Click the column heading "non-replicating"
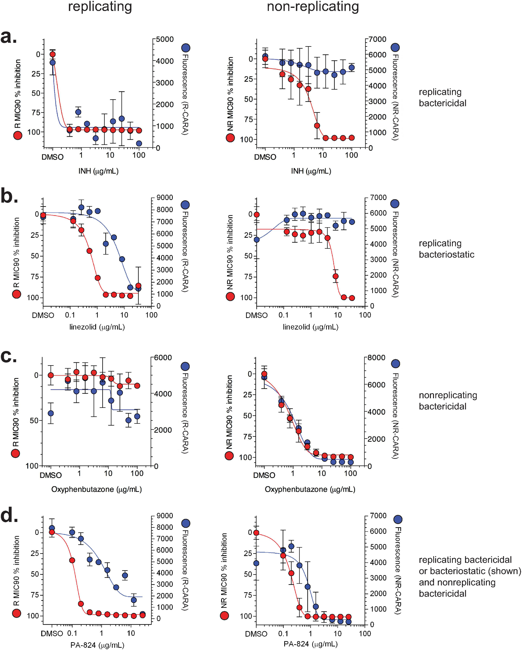pos(313,7)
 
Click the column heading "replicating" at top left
pos(100,7)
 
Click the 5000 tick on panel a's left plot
pos(165,39)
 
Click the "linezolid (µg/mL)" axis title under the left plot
pos(97,327)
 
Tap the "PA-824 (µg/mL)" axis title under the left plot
pos(97,645)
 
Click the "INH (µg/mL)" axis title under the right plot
pos(311,171)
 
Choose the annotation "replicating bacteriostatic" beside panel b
pos(446,249)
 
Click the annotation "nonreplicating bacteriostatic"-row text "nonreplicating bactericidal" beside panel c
pos(448,401)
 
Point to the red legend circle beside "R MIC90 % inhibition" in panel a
pos(18,136)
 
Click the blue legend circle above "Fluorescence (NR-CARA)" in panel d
pos(398,519)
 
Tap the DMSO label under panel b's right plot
pos(256,315)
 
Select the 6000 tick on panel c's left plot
pos(163,358)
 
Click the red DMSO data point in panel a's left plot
pos(53,54)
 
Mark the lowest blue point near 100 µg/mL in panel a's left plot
pos(139,143)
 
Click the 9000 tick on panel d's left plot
pos(164,515)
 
